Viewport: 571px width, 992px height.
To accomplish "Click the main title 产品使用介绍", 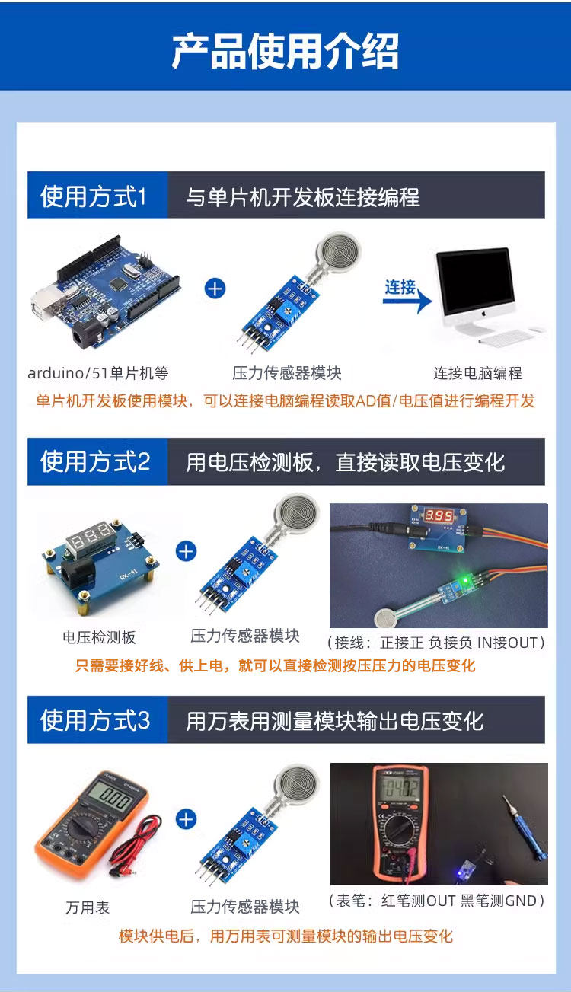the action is [x=285, y=51].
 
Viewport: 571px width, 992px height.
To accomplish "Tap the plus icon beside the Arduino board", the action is [x=215, y=289].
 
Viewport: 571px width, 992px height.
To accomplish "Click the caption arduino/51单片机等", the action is [x=98, y=373].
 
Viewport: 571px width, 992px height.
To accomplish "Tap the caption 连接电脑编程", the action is [x=477, y=373].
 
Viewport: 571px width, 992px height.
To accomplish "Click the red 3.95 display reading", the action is [x=439, y=515].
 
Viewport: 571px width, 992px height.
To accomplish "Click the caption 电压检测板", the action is [x=99, y=637].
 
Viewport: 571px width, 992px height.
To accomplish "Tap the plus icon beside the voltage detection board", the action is [x=186, y=551].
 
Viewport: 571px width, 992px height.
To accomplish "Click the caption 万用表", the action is [x=88, y=907].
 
